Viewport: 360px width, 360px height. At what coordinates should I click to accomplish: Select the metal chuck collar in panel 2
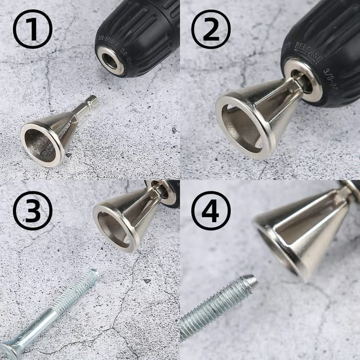tap(303, 77)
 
